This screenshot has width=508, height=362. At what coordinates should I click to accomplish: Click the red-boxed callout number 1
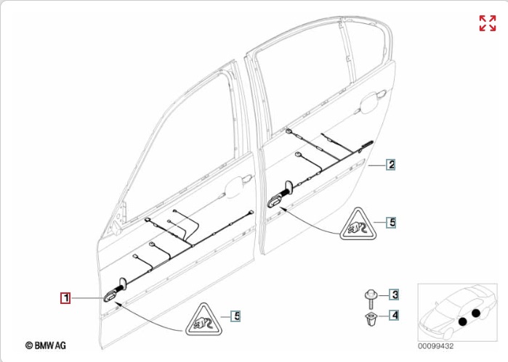[x=65, y=297]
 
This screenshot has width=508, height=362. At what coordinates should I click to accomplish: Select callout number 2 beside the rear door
[x=391, y=165]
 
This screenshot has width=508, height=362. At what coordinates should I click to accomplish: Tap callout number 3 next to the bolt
[x=394, y=295]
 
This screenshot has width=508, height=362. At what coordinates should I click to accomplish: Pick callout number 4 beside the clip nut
[x=394, y=315]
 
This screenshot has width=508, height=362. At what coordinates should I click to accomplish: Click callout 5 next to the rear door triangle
[x=392, y=222]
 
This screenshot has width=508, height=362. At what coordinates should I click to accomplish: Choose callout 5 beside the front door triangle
[x=236, y=316]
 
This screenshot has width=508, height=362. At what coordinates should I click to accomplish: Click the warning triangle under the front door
[x=203, y=320]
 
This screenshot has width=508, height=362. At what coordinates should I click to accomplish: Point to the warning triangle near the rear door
[x=358, y=224]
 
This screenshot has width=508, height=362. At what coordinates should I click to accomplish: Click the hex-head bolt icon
[x=371, y=300]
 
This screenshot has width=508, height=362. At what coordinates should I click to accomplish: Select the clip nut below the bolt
[x=371, y=319]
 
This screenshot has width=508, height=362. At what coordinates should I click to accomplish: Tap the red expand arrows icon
[x=488, y=23]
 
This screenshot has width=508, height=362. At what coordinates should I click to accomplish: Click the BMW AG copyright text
[x=45, y=345]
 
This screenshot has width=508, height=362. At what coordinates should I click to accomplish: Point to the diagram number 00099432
[x=435, y=346]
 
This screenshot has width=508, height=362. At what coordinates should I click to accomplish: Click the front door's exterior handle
[x=238, y=186]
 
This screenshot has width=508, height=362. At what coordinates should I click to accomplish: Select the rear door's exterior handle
[x=371, y=102]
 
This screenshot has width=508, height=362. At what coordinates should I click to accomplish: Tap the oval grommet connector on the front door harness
[x=110, y=296]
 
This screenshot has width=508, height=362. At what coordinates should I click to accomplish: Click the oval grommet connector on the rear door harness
[x=275, y=202]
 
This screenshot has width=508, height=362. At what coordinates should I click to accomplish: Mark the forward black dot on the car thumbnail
[x=463, y=321]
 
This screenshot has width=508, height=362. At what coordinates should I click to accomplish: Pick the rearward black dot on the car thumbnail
[x=475, y=313]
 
